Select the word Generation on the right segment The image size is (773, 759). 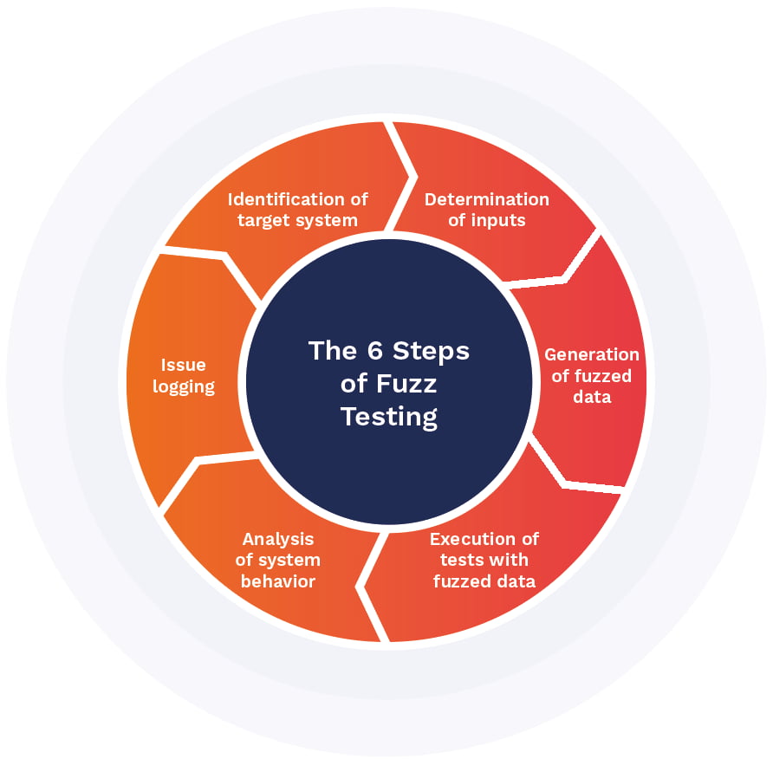pyautogui.click(x=591, y=354)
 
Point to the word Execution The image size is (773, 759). pyautogui.click(x=472, y=539)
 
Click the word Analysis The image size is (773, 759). pyautogui.click(x=278, y=539)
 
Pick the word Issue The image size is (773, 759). pyautogui.click(x=183, y=366)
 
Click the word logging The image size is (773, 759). pyautogui.click(x=183, y=386)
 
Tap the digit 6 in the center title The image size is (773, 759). pyautogui.click(x=374, y=351)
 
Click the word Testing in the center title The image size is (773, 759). pyautogui.click(x=389, y=417)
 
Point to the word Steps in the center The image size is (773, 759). pyautogui.click(x=431, y=351)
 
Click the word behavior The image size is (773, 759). pyautogui.click(x=278, y=581)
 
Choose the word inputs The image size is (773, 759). pyautogui.click(x=498, y=220)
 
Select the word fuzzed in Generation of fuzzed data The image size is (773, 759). pyautogui.click(x=602, y=376)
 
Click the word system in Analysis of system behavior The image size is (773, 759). pyautogui.click(x=289, y=560)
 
